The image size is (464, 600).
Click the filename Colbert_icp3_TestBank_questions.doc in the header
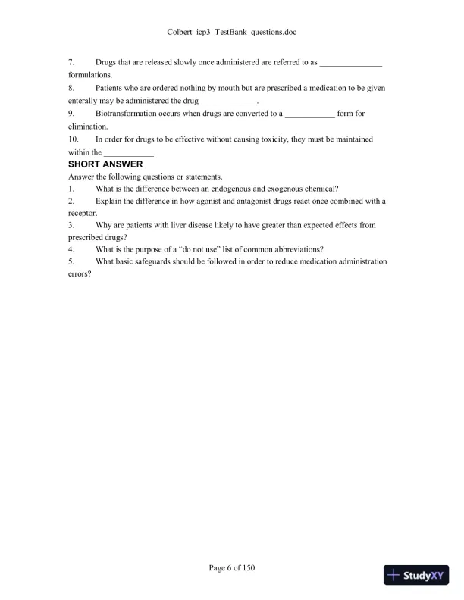(x=232, y=33)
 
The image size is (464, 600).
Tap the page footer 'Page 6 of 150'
(x=232, y=567)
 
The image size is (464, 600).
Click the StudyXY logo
(x=416, y=575)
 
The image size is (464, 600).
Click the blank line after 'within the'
(x=127, y=153)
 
